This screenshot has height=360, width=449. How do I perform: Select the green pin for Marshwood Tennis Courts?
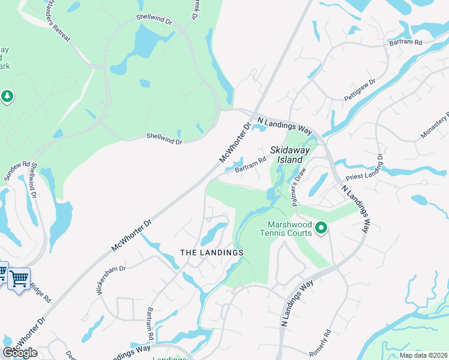click(x=321, y=228)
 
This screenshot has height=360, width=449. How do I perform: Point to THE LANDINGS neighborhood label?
click(x=212, y=253)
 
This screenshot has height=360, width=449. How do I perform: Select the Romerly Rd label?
click(x=325, y=341)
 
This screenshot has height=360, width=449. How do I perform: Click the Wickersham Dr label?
click(x=112, y=280)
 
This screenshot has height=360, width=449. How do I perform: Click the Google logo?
click(x=20, y=352)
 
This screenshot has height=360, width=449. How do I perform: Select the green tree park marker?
click(x=7, y=96)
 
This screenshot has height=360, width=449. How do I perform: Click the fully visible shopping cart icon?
click(x=19, y=278)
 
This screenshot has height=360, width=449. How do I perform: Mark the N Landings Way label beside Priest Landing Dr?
click(x=357, y=208)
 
